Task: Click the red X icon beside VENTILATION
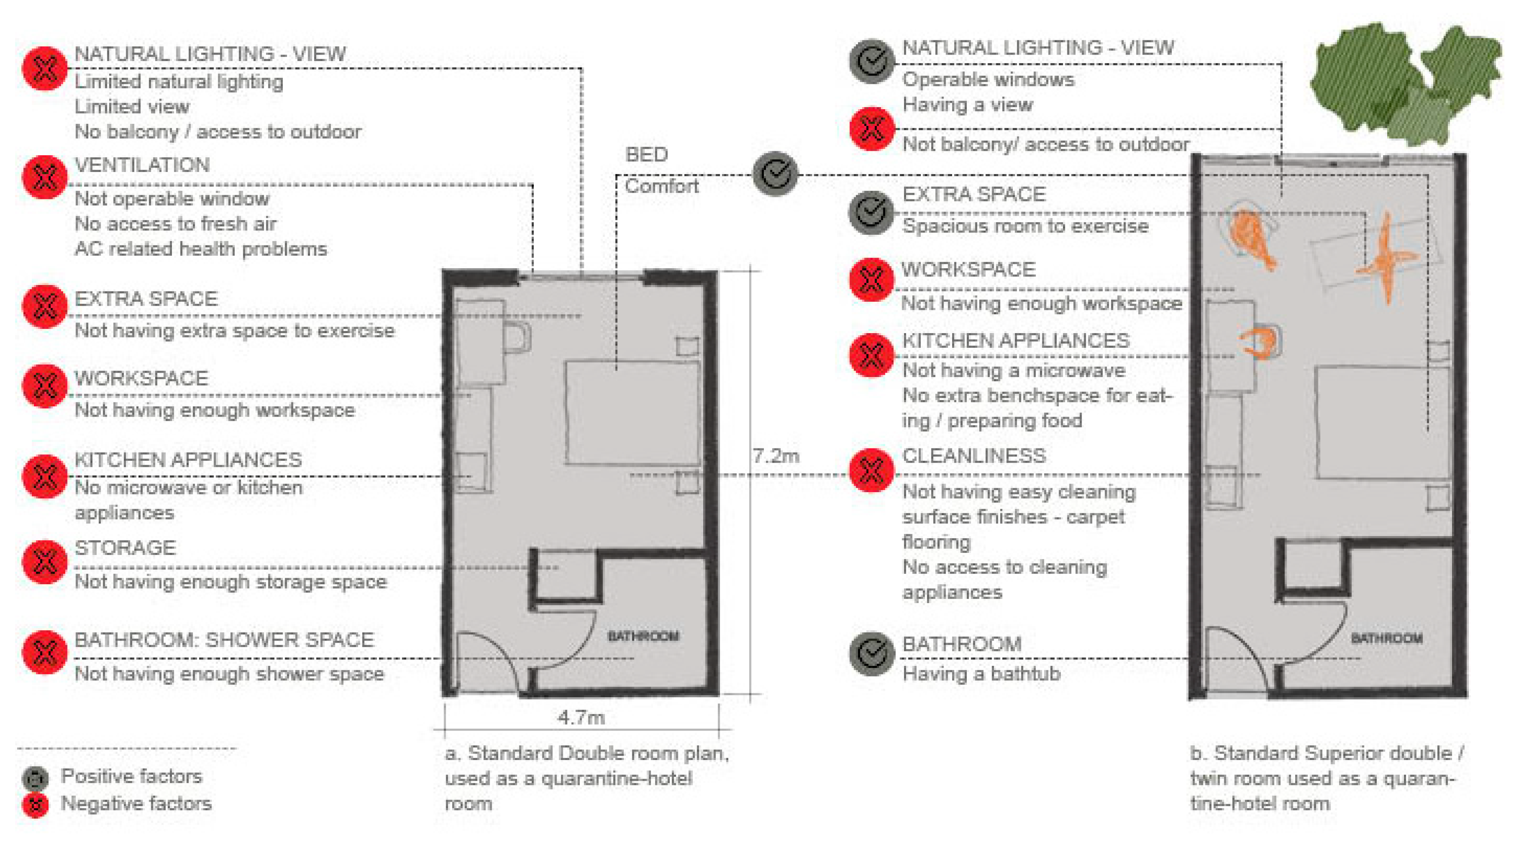pos(44,177)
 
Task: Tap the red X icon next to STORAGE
pos(44,561)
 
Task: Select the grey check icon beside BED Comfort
pos(775,174)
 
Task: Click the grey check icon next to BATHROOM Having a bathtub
pos(871,653)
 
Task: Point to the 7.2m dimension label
pos(775,456)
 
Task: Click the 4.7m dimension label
pos(581,717)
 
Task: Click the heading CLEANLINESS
pos(974,456)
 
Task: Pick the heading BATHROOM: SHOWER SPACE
pos(224,640)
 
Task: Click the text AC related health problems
pos(201,249)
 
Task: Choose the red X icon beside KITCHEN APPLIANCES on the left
pos(44,476)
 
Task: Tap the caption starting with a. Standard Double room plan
pos(586,778)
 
